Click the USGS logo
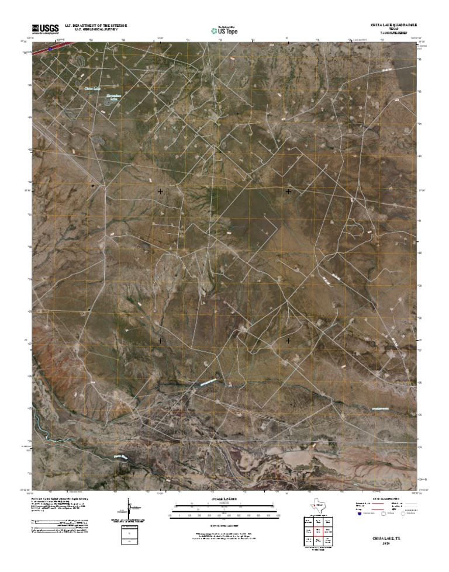45,28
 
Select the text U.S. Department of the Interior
96,26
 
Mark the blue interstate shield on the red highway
50,48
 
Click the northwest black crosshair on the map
160,191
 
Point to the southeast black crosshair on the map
289,340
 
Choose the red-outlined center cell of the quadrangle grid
319,531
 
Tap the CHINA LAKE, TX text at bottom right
387,536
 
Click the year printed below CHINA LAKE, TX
387,543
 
